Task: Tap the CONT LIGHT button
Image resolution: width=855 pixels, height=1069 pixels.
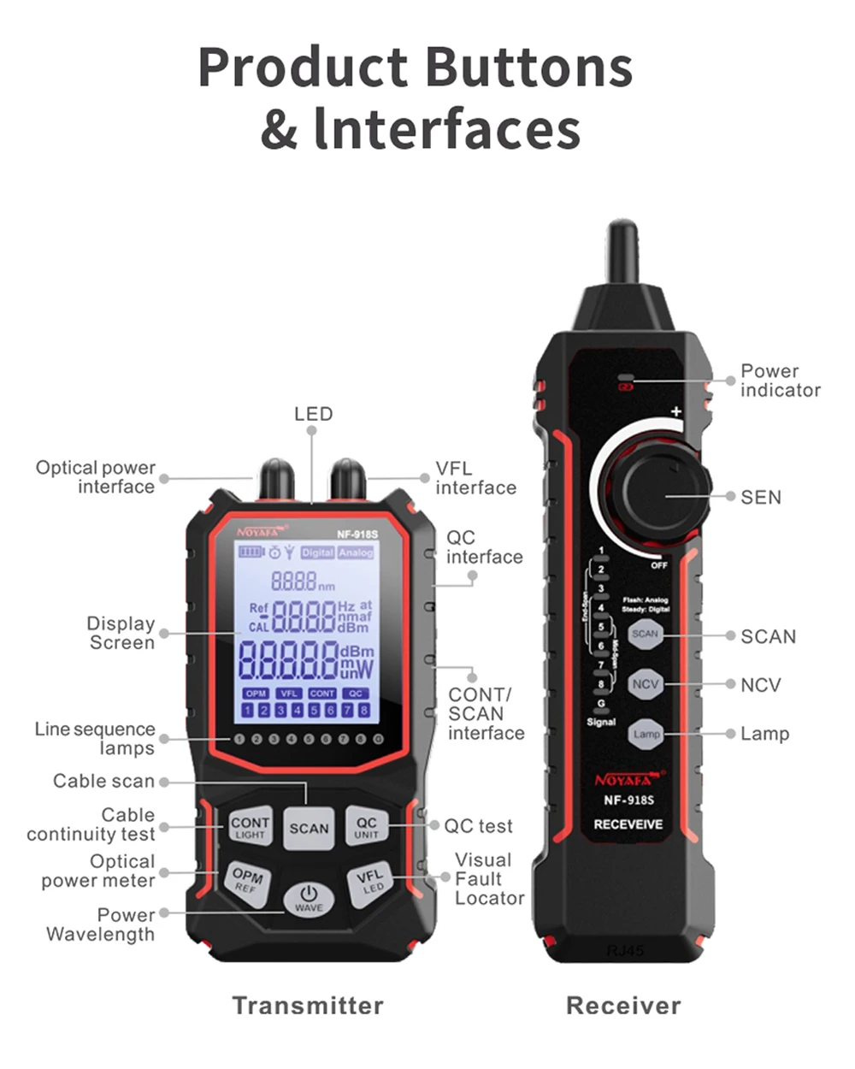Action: pos(250,826)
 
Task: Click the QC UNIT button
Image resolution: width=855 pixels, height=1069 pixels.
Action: pos(367,826)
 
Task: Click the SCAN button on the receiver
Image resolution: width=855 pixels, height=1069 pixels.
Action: pos(645,635)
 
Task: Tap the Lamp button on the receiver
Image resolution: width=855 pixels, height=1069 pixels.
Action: pos(646,734)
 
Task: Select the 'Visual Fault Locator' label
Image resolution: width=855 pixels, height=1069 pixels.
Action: pos(488,878)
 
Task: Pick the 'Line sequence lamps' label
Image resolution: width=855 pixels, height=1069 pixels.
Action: pos(95,739)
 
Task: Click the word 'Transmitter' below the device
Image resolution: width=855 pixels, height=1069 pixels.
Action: pos(308,1006)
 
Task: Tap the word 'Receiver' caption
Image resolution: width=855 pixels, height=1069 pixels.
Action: pos(623,1006)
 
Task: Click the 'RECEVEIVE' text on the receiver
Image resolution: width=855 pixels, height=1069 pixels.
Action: pos(628,824)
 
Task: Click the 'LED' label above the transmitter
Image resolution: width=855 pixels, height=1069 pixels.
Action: pos(313,414)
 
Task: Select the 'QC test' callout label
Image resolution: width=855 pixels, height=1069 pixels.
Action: pos(478,826)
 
